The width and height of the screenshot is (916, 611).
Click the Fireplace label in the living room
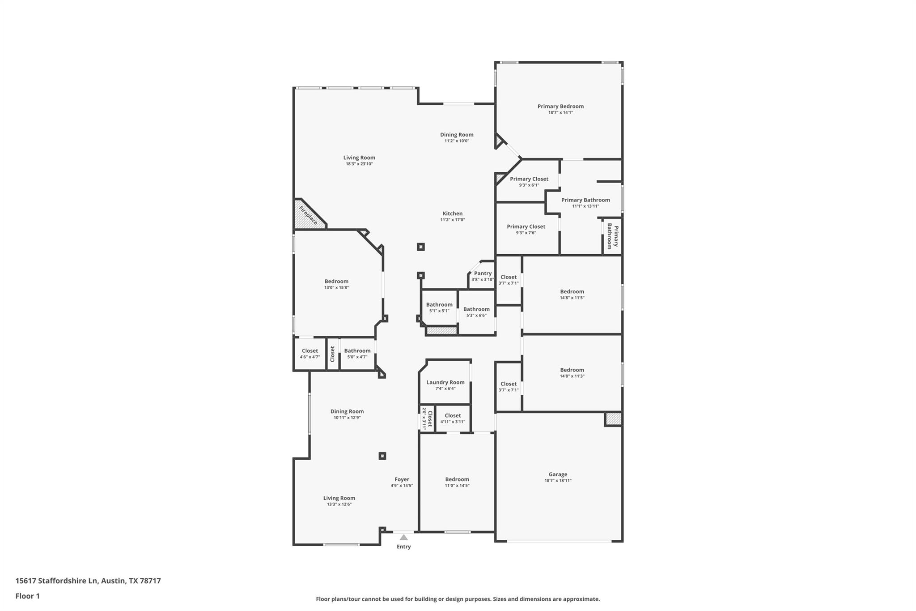point(308,215)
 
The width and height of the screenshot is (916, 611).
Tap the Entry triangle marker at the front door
point(403,537)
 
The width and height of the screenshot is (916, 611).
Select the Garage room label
point(558,474)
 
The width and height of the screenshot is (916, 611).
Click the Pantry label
point(483,273)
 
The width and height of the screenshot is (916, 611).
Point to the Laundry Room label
point(445,382)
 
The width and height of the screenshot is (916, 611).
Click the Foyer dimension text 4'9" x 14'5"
point(402,486)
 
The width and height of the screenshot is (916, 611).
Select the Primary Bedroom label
point(560,106)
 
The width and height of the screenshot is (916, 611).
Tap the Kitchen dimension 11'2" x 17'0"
point(453,220)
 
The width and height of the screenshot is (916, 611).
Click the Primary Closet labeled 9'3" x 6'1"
point(529,179)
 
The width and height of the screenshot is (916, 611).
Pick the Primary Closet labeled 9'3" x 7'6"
point(526,226)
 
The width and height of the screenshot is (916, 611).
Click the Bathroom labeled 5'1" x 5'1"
point(439,305)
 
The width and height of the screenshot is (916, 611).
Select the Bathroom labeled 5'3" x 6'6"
point(476,309)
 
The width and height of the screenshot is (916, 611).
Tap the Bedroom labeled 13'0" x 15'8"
point(336,282)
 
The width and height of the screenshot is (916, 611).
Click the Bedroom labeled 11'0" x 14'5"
point(457,479)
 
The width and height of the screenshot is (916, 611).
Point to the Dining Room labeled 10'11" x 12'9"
point(347,411)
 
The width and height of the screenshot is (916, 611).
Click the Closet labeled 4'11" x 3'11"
point(453,416)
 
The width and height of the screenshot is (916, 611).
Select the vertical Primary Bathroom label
point(612,236)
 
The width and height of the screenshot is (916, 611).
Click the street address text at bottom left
point(88,581)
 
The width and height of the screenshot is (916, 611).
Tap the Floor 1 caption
point(28,596)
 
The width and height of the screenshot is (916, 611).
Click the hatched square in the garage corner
point(614,419)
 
